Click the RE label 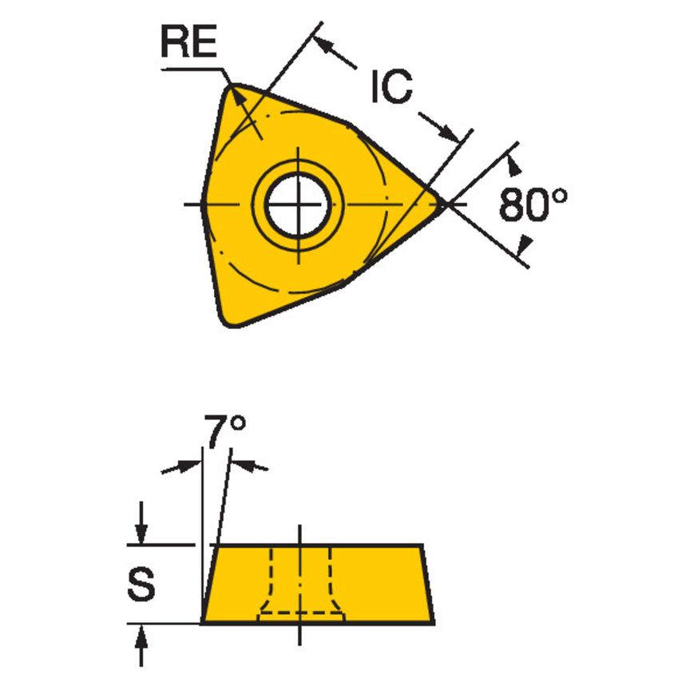tap(189, 43)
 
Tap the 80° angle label tap(533, 205)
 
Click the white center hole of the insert tap(298, 205)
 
